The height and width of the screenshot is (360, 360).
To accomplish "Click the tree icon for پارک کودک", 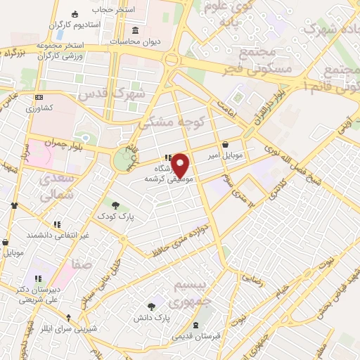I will [115, 205].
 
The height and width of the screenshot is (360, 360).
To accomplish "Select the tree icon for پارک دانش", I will [151, 306].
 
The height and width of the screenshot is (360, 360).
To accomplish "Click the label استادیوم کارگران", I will [75, 25].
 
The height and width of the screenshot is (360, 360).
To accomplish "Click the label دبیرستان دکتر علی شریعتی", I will [34, 295].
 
